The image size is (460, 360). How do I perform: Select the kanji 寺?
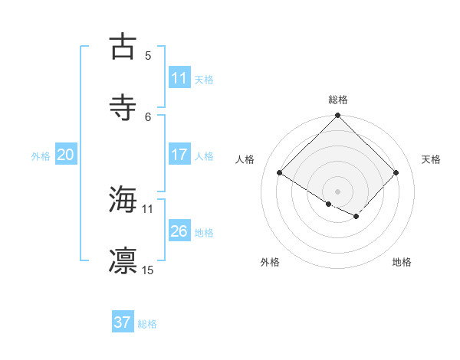(x=123, y=107)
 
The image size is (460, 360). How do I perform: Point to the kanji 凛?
(x=123, y=260)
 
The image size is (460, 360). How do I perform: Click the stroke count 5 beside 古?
(x=148, y=55)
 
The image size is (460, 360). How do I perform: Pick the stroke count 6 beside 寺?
(x=148, y=116)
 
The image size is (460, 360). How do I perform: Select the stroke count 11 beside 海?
(x=147, y=208)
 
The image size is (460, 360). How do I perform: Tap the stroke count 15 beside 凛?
(x=148, y=270)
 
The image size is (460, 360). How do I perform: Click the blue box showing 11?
(x=179, y=78)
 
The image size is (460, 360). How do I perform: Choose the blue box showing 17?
(x=179, y=155)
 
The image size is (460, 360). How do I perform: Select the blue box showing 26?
(x=179, y=231)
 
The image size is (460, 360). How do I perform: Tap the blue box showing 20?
(x=65, y=155)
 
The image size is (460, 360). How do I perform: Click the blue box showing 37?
(x=122, y=322)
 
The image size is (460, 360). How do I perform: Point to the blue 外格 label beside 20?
(x=41, y=156)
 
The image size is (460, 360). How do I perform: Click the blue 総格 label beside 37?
(x=147, y=324)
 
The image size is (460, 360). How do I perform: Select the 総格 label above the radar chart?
(x=338, y=100)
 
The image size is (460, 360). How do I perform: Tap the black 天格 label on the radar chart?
(x=431, y=159)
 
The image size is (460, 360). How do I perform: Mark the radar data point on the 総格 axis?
(x=338, y=116)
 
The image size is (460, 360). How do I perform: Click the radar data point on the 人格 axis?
(x=280, y=173)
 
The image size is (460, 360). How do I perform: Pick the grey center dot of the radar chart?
(x=338, y=191)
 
